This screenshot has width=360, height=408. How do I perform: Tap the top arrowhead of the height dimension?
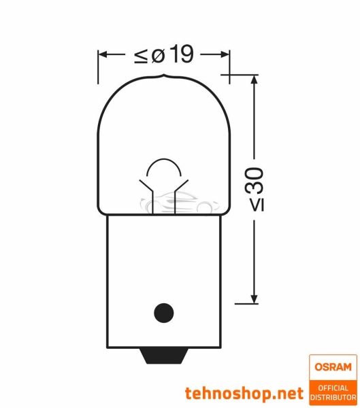pos(254,80)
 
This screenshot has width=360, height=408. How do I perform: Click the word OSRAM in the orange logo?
pos(333,367)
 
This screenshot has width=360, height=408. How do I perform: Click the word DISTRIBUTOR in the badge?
pos(333,396)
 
